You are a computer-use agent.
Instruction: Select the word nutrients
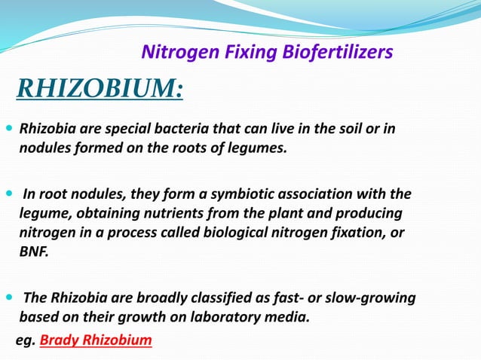171,213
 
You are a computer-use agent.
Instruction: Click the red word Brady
59,340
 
